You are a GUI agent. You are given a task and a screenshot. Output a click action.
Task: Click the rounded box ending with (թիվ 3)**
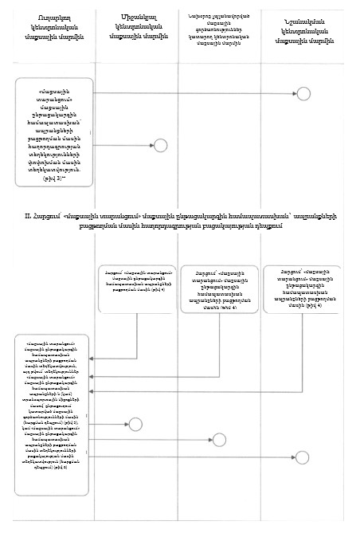point(54,138)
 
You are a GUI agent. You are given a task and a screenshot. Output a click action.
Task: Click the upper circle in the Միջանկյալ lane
point(161,145)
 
